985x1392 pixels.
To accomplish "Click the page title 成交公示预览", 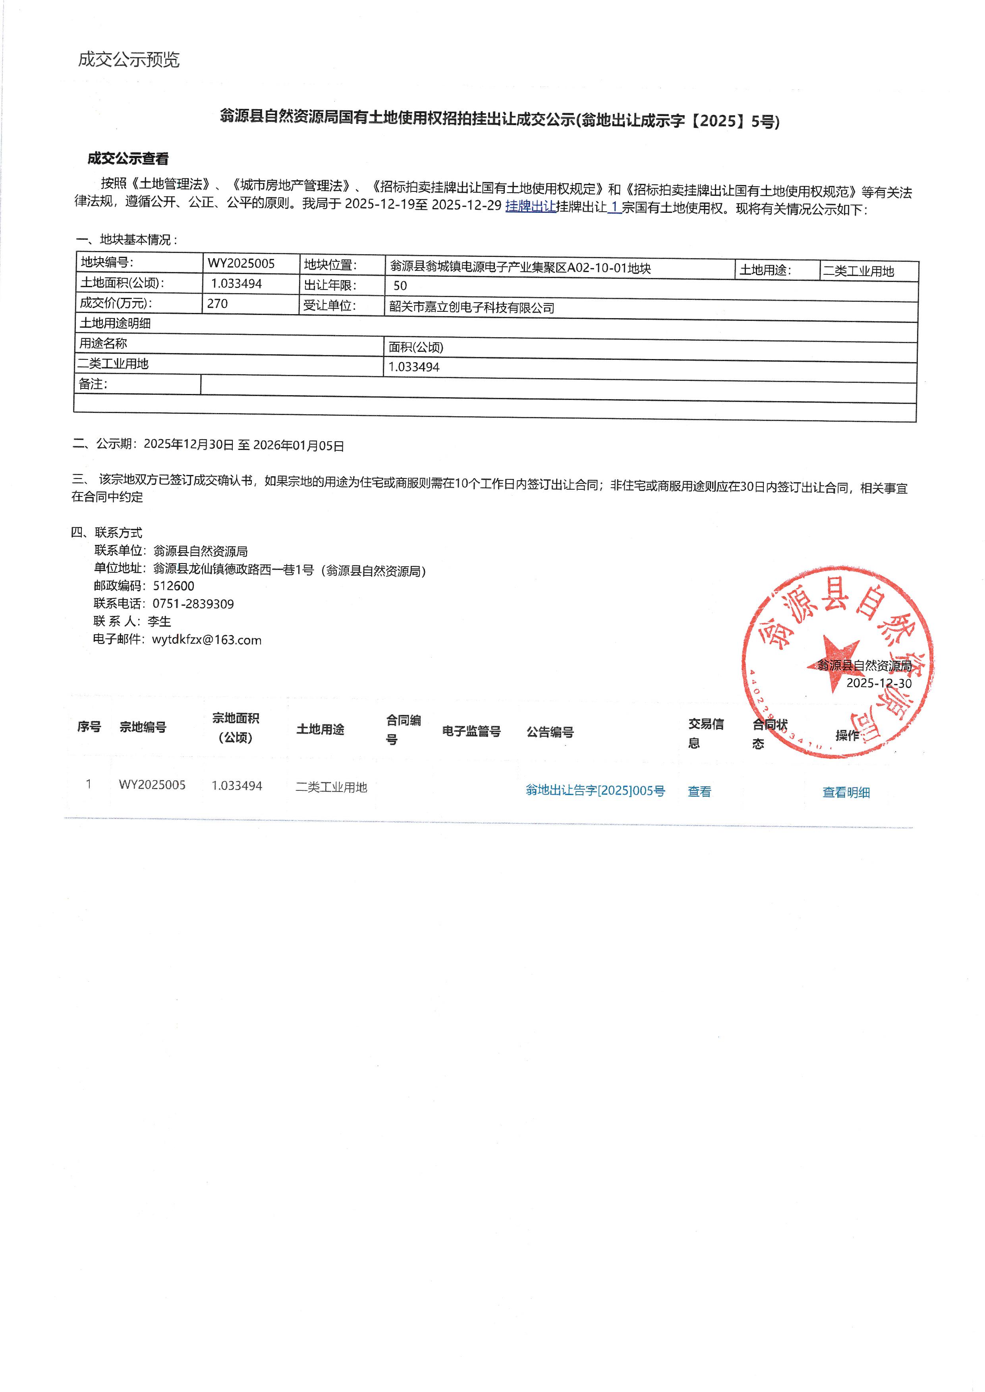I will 129,60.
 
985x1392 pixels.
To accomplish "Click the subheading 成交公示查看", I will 128,159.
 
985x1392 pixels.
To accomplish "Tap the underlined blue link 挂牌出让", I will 530,206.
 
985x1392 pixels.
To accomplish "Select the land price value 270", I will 218,304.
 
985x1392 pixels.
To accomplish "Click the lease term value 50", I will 400,286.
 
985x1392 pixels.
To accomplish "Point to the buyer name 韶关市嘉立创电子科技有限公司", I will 472,307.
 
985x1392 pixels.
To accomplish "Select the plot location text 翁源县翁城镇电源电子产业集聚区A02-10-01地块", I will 520,268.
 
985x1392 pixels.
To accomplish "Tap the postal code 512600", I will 174,586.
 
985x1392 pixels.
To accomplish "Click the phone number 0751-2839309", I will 193,604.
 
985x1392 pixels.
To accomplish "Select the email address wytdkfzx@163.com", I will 207,640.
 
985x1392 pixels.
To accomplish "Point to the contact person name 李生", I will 160,621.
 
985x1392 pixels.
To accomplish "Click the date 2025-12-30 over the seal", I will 879,683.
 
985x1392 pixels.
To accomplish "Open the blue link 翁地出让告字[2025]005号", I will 595,790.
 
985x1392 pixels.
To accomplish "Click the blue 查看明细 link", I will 846,792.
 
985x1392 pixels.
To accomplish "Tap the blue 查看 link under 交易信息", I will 699,792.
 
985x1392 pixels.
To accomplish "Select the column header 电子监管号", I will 471,732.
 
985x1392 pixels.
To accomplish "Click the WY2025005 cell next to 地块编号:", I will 241,263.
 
